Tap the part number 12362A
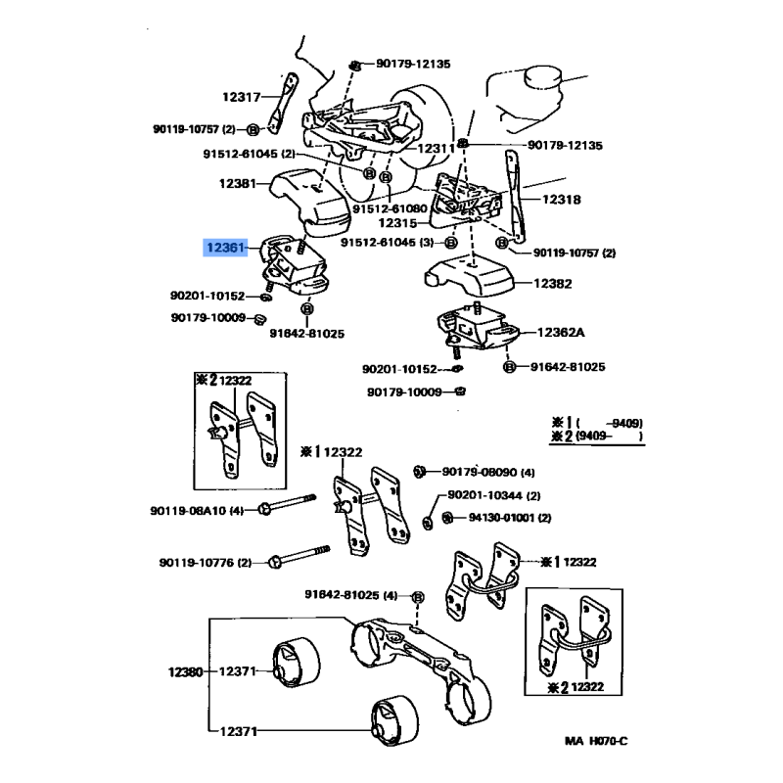(560, 333)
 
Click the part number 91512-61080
(391, 208)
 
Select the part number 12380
(184, 671)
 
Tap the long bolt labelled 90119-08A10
(289, 508)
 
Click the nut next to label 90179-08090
(419, 471)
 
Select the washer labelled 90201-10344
(429, 518)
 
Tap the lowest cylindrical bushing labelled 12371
(391, 727)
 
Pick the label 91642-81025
(568, 367)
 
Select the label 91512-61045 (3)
(391, 242)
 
